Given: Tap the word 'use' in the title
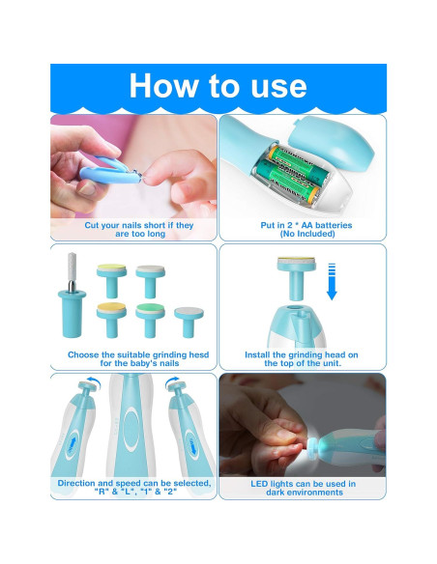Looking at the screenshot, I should (271, 86).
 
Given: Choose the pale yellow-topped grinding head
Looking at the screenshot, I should (109, 276).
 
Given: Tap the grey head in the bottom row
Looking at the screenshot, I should (186, 317).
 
